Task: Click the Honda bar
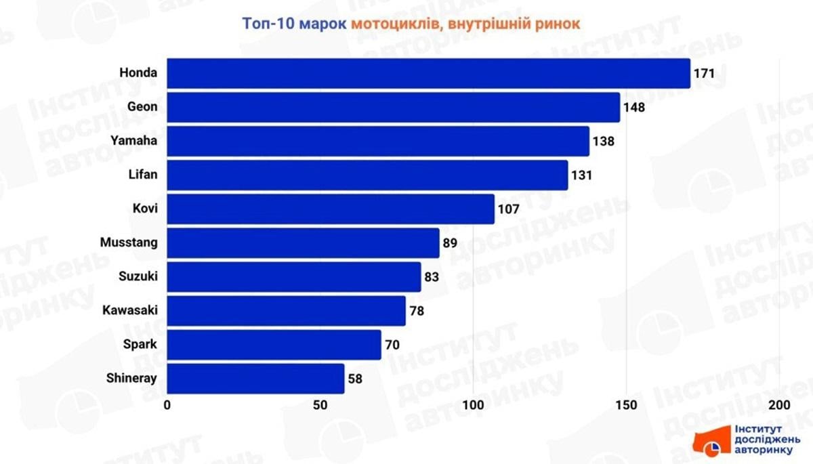pyautogui.click(x=428, y=73)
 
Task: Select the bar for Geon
pyautogui.click(x=393, y=107)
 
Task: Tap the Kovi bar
pyautogui.click(x=331, y=209)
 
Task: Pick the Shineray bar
pyautogui.click(x=255, y=378)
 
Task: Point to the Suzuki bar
pyautogui.click(x=293, y=276)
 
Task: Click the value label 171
pyautogui.click(x=705, y=73)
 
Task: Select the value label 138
pyautogui.click(x=604, y=141)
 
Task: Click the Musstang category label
pyautogui.click(x=129, y=242)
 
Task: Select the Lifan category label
pyautogui.click(x=143, y=175)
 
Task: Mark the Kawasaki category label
pyautogui.click(x=130, y=310)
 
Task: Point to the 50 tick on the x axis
pyautogui.click(x=320, y=405)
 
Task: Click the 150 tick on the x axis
pyautogui.click(x=627, y=405)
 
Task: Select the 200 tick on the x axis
pyautogui.click(x=780, y=405)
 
